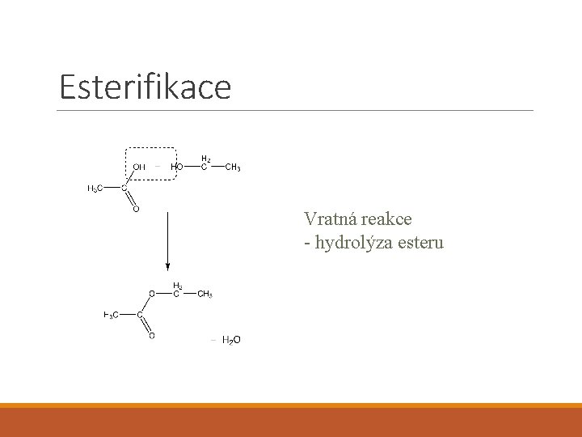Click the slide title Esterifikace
point(145,86)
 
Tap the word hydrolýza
point(354,242)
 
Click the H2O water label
point(230,340)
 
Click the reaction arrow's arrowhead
point(167,265)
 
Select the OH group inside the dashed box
point(139,168)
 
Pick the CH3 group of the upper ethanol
point(232,168)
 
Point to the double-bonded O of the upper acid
point(135,209)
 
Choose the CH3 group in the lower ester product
point(205,294)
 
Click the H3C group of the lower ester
point(112,315)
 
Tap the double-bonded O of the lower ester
point(151,335)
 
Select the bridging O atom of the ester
point(151,294)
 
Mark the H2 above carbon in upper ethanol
point(206,159)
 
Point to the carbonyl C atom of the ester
point(139,315)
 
